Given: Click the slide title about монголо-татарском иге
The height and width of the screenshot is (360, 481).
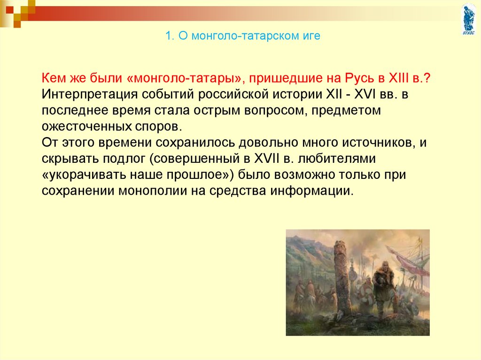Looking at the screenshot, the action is click(x=243, y=36).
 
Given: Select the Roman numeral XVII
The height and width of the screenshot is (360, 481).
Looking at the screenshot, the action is click(x=267, y=159).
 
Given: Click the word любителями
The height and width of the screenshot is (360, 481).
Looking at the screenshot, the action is click(x=337, y=159).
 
